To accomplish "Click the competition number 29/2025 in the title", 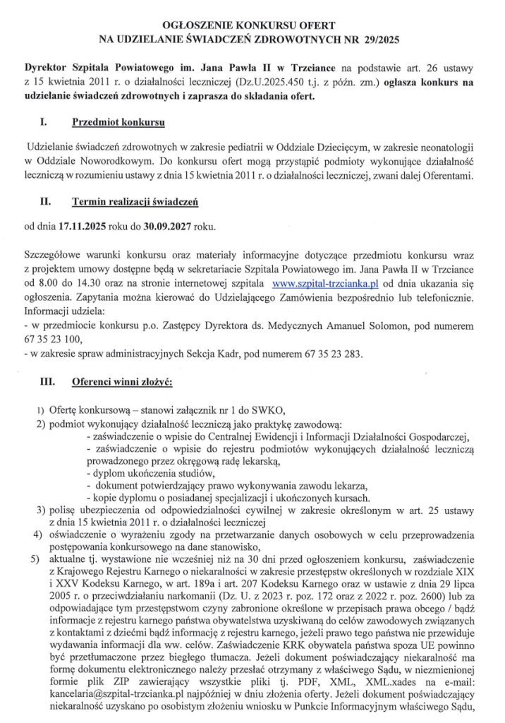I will [x=377, y=40].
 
